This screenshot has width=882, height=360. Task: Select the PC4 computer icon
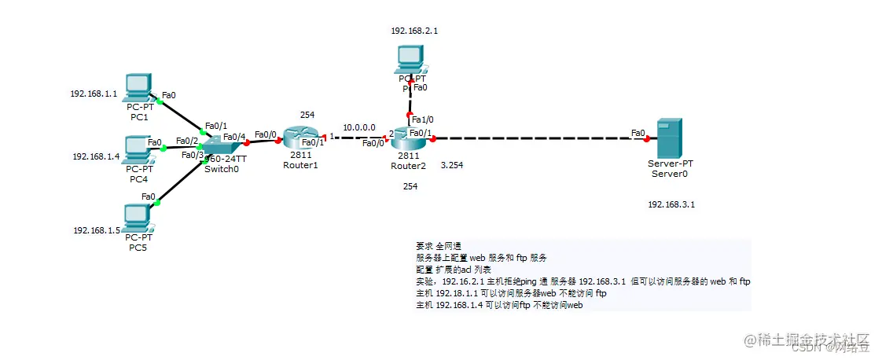coord(137,149)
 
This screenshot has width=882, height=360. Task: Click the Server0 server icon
coord(669,137)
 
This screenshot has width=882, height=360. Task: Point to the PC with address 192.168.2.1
coord(410,59)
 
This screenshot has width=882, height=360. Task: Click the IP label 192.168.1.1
coord(94,94)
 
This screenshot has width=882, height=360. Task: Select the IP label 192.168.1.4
coord(96,156)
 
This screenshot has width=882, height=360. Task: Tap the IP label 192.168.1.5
coord(96,230)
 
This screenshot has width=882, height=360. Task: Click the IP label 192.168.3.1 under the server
coord(671,204)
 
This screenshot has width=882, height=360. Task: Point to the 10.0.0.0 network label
coord(358,126)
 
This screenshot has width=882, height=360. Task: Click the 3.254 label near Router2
coord(452,166)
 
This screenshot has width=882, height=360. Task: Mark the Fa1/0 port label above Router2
coord(422,119)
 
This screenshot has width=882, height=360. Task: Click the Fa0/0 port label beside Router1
coord(266,134)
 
